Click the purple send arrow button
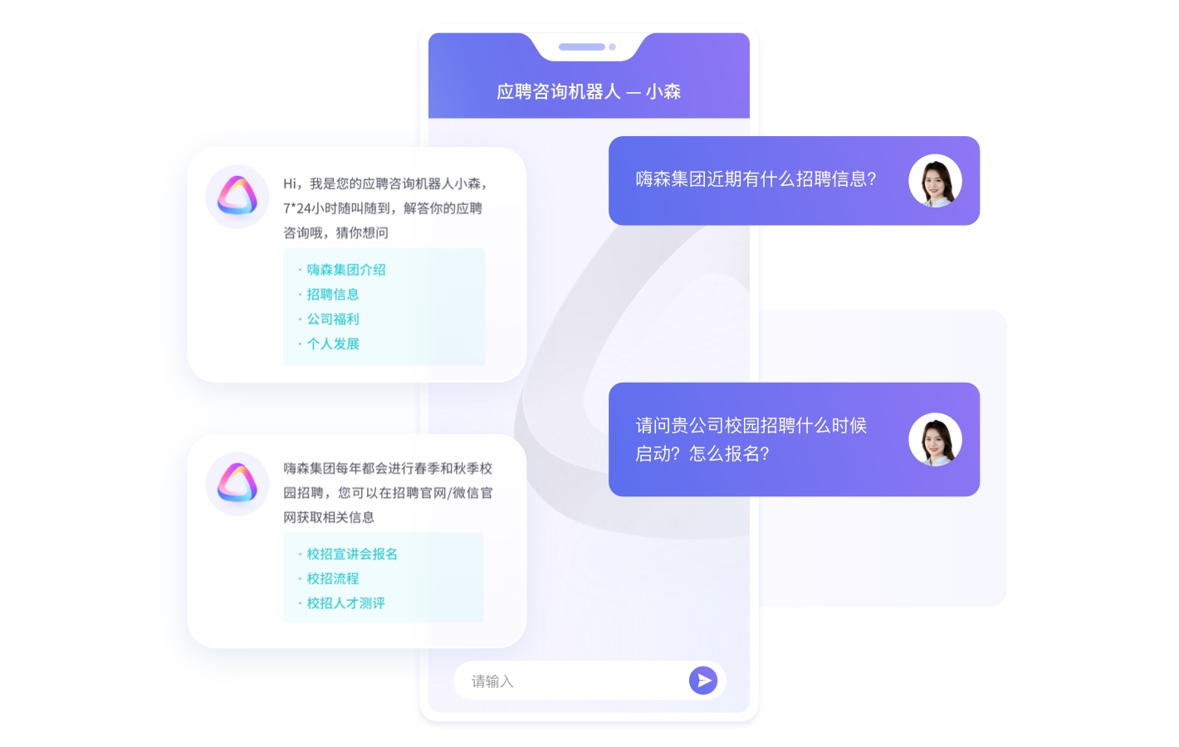(x=703, y=681)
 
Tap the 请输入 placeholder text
(x=492, y=681)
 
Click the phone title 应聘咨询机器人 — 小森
(x=589, y=91)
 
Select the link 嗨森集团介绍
(x=345, y=270)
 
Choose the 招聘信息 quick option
(x=333, y=294)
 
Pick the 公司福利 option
(x=333, y=319)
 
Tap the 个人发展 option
(x=333, y=344)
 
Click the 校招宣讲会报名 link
(x=352, y=554)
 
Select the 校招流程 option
(x=333, y=579)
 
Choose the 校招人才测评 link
(x=345, y=603)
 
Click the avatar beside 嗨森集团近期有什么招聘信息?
(x=935, y=181)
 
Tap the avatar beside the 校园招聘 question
(x=935, y=439)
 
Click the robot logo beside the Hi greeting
(x=237, y=196)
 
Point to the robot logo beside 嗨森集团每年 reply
(x=237, y=483)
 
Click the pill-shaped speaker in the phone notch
(x=581, y=46)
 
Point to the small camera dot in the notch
(x=612, y=46)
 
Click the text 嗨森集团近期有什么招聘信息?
(x=756, y=179)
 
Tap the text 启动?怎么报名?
(x=702, y=453)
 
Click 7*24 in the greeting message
(x=297, y=208)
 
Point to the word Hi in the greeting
(x=290, y=183)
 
